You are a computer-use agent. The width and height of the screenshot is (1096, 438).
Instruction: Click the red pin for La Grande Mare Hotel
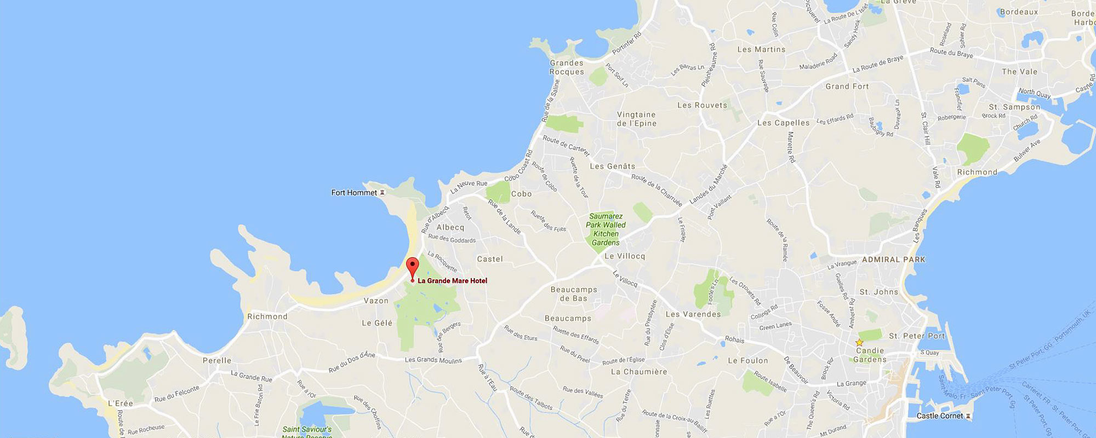tap(412, 268)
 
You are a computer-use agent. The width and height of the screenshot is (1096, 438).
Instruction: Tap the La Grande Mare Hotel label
tap(452, 281)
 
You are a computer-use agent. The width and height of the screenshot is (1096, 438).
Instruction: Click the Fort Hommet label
tap(354, 193)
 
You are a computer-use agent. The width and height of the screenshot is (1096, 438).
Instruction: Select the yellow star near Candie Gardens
tap(859, 343)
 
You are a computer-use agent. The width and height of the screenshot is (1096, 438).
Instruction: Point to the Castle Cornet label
tap(939, 416)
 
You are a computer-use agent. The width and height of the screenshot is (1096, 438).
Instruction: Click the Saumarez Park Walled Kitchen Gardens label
tap(606, 229)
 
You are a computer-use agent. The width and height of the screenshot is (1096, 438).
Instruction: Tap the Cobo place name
tap(521, 194)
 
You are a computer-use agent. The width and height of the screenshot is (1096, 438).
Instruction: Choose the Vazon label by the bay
tap(376, 301)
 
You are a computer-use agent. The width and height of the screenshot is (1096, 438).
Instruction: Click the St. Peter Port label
tap(917, 336)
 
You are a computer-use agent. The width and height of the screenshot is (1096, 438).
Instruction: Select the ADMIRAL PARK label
tap(893, 260)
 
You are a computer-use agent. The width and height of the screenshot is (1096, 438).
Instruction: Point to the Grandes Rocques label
tap(567, 67)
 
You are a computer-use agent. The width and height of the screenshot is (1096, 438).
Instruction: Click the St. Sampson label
tap(1014, 107)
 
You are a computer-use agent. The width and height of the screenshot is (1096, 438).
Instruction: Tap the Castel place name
tap(489, 259)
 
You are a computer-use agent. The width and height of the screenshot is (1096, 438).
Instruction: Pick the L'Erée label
tap(121, 404)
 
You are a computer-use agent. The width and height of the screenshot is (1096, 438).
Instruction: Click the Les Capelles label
tap(783, 123)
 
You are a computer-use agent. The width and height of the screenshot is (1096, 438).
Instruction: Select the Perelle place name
tap(217, 360)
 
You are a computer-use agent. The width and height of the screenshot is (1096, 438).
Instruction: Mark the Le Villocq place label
tap(625, 256)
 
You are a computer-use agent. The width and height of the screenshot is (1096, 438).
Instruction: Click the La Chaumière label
tap(639, 372)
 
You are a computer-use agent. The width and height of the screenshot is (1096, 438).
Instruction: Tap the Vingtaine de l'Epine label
tap(636, 119)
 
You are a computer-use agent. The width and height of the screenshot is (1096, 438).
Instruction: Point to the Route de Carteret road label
tap(566, 146)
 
